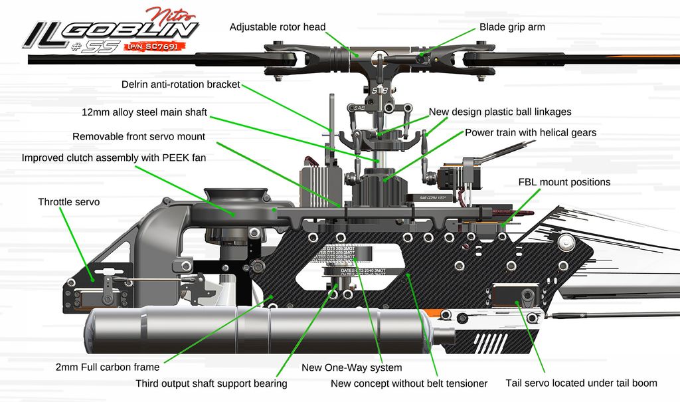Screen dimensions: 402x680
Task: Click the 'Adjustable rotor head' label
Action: click(278, 27)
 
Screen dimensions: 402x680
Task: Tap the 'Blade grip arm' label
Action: click(512, 27)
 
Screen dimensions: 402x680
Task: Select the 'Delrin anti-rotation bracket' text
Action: click(181, 84)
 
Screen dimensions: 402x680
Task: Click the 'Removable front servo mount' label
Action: click(139, 136)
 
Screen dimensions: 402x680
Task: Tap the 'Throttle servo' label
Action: click(68, 201)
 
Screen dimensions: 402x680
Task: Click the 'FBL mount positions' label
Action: click(564, 181)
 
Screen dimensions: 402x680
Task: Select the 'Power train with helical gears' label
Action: click(531, 132)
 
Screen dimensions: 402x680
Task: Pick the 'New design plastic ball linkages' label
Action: click(500, 112)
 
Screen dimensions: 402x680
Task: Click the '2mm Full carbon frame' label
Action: click(108, 366)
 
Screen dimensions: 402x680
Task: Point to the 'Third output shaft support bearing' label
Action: click(211, 383)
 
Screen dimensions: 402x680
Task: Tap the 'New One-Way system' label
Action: click(351, 367)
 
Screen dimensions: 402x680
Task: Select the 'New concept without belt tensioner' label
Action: click(409, 383)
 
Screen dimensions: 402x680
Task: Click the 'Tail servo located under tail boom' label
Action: click(581, 383)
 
